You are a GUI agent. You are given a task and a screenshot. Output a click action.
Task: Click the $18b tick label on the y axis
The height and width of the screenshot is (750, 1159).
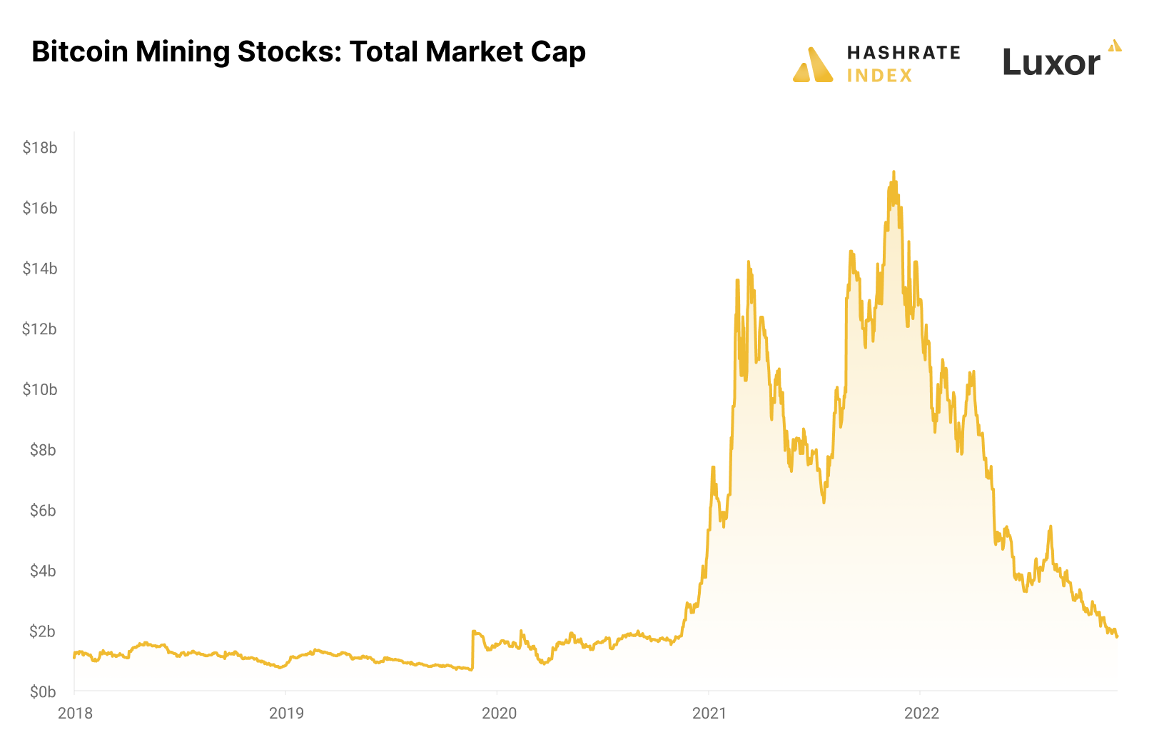pyautogui.click(x=40, y=148)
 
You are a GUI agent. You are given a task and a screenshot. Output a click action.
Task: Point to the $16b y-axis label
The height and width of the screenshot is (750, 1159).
pyautogui.click(x=40, y=209)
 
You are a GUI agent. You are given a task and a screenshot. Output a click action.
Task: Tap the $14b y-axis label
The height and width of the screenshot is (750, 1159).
pyautogui.click(x=40, y=269)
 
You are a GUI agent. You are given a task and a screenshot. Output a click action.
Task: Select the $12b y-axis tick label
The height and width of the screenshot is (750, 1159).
pyautogui.click(x=40, y=329)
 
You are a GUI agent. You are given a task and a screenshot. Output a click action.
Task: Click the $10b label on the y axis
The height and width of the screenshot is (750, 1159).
pyautogui.click(x=40, y=390)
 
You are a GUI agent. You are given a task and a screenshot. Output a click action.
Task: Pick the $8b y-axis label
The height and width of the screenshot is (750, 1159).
pyautogui.click(x=43, y=450)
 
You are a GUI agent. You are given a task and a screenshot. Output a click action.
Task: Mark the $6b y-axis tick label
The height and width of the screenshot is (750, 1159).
pyautogui.click(x=43, y=511)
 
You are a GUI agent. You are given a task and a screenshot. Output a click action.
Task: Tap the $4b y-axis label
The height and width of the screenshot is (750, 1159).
pyautogui.click(x=43, y=571)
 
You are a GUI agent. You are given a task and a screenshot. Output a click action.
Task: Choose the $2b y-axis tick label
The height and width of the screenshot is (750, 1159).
pyautogui.click(x=43, y=631)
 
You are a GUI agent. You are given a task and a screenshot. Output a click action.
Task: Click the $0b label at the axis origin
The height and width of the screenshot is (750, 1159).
pyautogui.click(x=43, y=692)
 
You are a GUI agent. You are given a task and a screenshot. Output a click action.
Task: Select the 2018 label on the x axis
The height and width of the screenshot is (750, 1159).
pyautogui.click(x=75, y=713)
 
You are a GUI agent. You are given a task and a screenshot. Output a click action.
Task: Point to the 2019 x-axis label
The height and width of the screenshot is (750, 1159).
pyautogui.click(x=286, y=713)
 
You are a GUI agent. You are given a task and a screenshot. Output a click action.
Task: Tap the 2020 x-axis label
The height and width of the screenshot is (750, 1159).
pyautogui.click(x=499, y=713)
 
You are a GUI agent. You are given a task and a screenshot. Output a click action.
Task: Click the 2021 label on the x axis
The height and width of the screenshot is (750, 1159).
pyautogui.click(x=709, y=713)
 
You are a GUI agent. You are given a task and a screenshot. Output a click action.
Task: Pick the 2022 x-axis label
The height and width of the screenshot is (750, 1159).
pyautogui.click(x=921, y=713)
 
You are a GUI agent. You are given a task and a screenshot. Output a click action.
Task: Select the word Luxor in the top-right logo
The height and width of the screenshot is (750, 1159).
pyautogui.click(x=1051, y=63)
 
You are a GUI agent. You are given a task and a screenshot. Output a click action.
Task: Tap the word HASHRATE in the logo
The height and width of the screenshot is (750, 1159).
pyautogui.click(x=904, y=53)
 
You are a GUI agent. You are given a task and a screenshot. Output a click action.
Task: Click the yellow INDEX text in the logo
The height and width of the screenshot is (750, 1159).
pyautogui.click(x=879, y=76)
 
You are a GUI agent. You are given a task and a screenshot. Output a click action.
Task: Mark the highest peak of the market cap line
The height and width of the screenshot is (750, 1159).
pyautogui.click(x=894, y=172)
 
